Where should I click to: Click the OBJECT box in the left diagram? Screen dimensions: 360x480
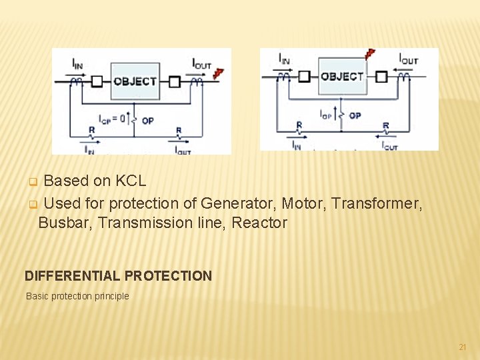point(134,81)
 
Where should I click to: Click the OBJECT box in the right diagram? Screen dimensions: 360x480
point(342,76)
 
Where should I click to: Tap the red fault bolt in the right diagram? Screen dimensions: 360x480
point(369,54)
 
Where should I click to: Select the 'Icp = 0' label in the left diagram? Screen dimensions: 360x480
point(113,119)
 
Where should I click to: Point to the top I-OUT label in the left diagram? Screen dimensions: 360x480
point(201,63)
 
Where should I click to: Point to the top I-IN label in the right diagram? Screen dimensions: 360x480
point(284,59)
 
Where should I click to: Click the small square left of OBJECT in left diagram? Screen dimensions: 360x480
point(97,82)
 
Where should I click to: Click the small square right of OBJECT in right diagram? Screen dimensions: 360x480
point(381,76)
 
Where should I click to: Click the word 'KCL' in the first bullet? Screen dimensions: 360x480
point(131,181)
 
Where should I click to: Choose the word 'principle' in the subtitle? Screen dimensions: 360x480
point(111,296)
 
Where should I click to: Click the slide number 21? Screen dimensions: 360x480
point(462,347)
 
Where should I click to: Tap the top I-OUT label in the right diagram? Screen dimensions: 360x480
point(408,59)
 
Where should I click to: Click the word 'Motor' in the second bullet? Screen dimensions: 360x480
point(301,203)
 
